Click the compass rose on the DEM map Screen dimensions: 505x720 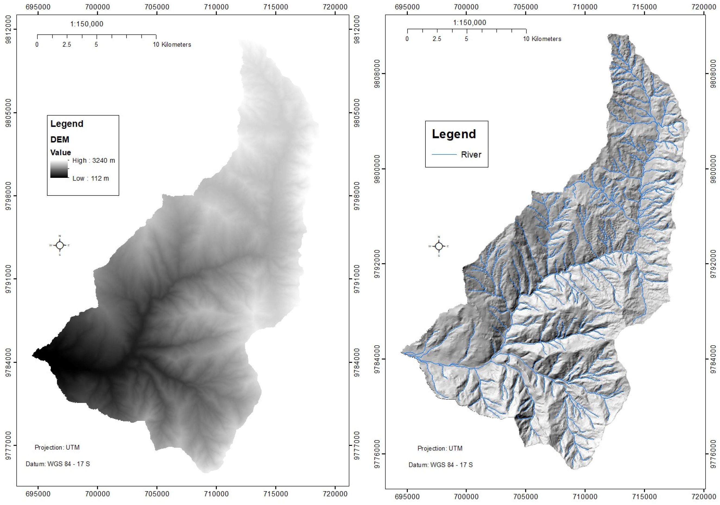tap(59, 245)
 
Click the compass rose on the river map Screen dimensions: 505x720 tap(439, 246)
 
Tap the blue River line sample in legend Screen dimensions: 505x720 tap(444, 154)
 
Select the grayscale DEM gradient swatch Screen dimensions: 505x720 tap(59, 169)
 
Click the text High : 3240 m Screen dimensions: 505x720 tap(93, 161)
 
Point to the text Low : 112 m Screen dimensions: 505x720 tap(91, 178)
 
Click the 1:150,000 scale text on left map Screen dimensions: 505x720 tap(87, 24)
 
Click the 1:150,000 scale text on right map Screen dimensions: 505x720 tap(469, 23)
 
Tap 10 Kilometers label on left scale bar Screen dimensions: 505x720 tap(172, 45)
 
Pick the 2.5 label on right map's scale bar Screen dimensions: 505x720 tap(437, 39)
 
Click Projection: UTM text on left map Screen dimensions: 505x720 tap(57, 447)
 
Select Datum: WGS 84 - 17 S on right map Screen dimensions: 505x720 tap(440, 465)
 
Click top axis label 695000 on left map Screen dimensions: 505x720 tap(38, 7)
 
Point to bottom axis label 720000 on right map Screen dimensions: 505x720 tap(703, 497)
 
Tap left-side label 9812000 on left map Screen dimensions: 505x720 tap(9, 30)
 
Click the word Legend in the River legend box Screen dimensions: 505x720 tap(454, 134)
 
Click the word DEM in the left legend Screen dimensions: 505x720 tap(59, 140)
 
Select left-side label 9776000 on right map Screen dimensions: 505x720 tap(378, 454)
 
